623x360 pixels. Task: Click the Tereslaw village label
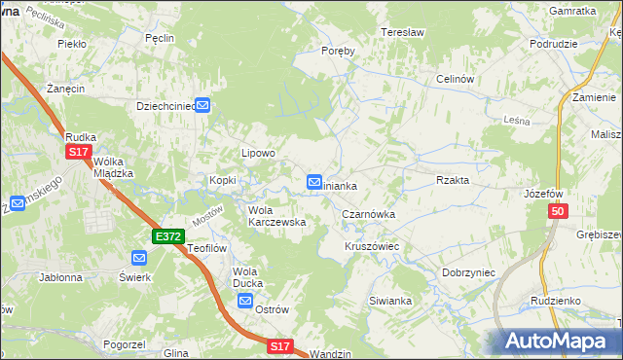coord(404,32)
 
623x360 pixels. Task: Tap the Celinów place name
coord(455,79)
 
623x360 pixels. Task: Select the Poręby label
coord(337,52)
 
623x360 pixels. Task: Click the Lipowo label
coord(259,153)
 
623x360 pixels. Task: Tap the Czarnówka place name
coord(368,213)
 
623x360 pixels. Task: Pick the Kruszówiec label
coord(372,247)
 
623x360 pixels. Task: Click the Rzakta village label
coord(454,180)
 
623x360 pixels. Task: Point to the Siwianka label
coord(390,302)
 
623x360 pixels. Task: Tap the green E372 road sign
coord(167,236)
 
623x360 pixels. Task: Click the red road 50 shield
coord(558,212)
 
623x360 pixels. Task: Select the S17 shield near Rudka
coord(79,153)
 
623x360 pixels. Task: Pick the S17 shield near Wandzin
coord(280,345)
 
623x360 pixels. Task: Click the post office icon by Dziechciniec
coord(203,106)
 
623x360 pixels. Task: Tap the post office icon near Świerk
coord(138,258)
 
